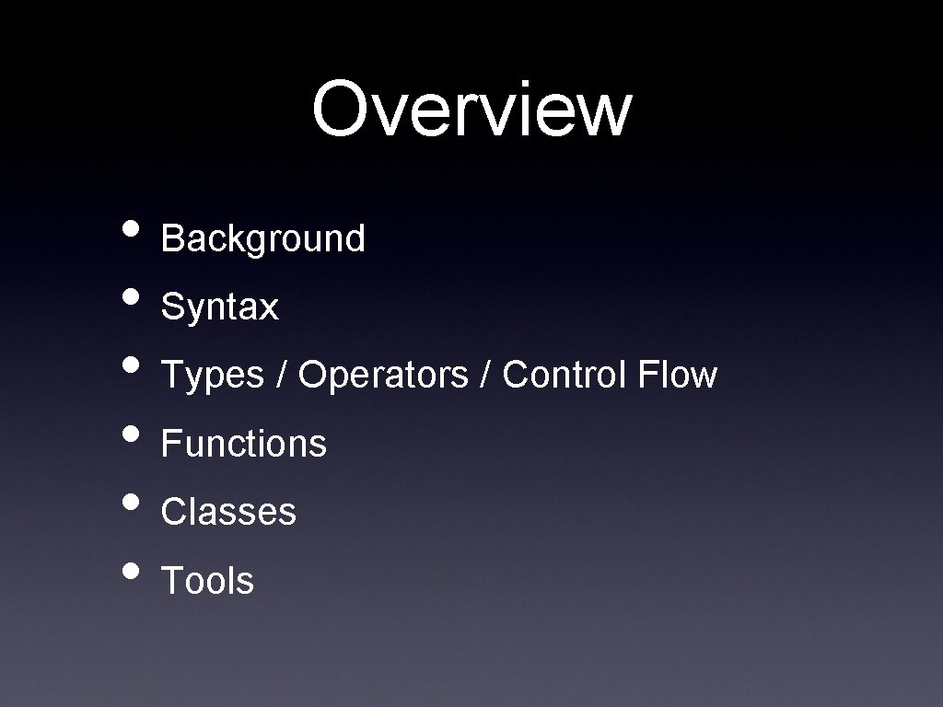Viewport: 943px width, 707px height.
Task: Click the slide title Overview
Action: (471, 109)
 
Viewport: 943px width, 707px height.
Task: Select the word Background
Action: (263, 239)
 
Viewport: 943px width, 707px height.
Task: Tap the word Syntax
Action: (219, 307)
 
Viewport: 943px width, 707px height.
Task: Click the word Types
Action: (213, 376)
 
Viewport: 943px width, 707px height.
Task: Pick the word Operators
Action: (383, 376)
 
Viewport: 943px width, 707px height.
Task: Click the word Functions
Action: (244, 444)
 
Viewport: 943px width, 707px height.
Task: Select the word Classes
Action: (228, 512)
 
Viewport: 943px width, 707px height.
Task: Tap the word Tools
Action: (207, 581)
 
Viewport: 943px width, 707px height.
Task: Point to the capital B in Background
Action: (172, 238)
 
